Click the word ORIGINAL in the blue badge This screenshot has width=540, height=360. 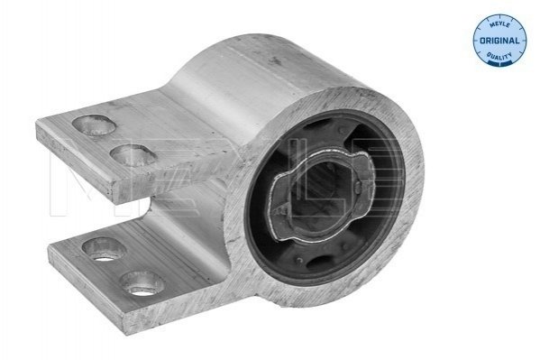(x=499, y=41)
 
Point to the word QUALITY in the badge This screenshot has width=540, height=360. (x=499, y=57)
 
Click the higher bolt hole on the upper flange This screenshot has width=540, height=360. (x=94, y=125)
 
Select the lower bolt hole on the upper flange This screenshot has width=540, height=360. (x=133, y=155)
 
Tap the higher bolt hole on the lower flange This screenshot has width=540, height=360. (x=104, y=249)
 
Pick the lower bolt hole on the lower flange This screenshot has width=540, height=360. (x=142, y=283)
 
